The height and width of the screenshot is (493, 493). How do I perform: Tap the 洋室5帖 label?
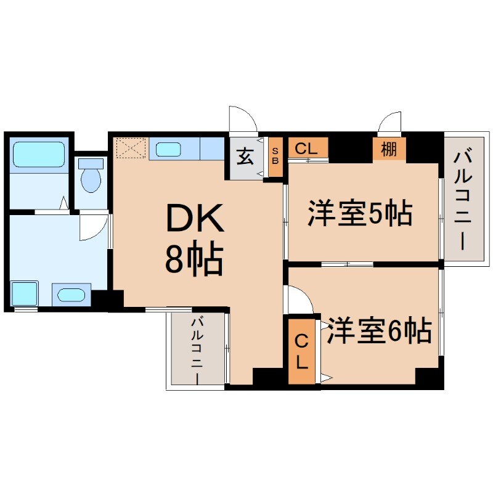click(360, 214)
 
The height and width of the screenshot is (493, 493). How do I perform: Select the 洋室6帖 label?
click(378, 332)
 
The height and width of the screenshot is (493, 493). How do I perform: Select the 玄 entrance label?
click(245, 157)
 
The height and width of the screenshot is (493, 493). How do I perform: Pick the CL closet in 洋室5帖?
click(307, 149)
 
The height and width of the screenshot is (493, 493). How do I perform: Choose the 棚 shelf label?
click(389, 149)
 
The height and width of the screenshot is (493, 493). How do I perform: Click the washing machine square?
click(25, 294)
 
